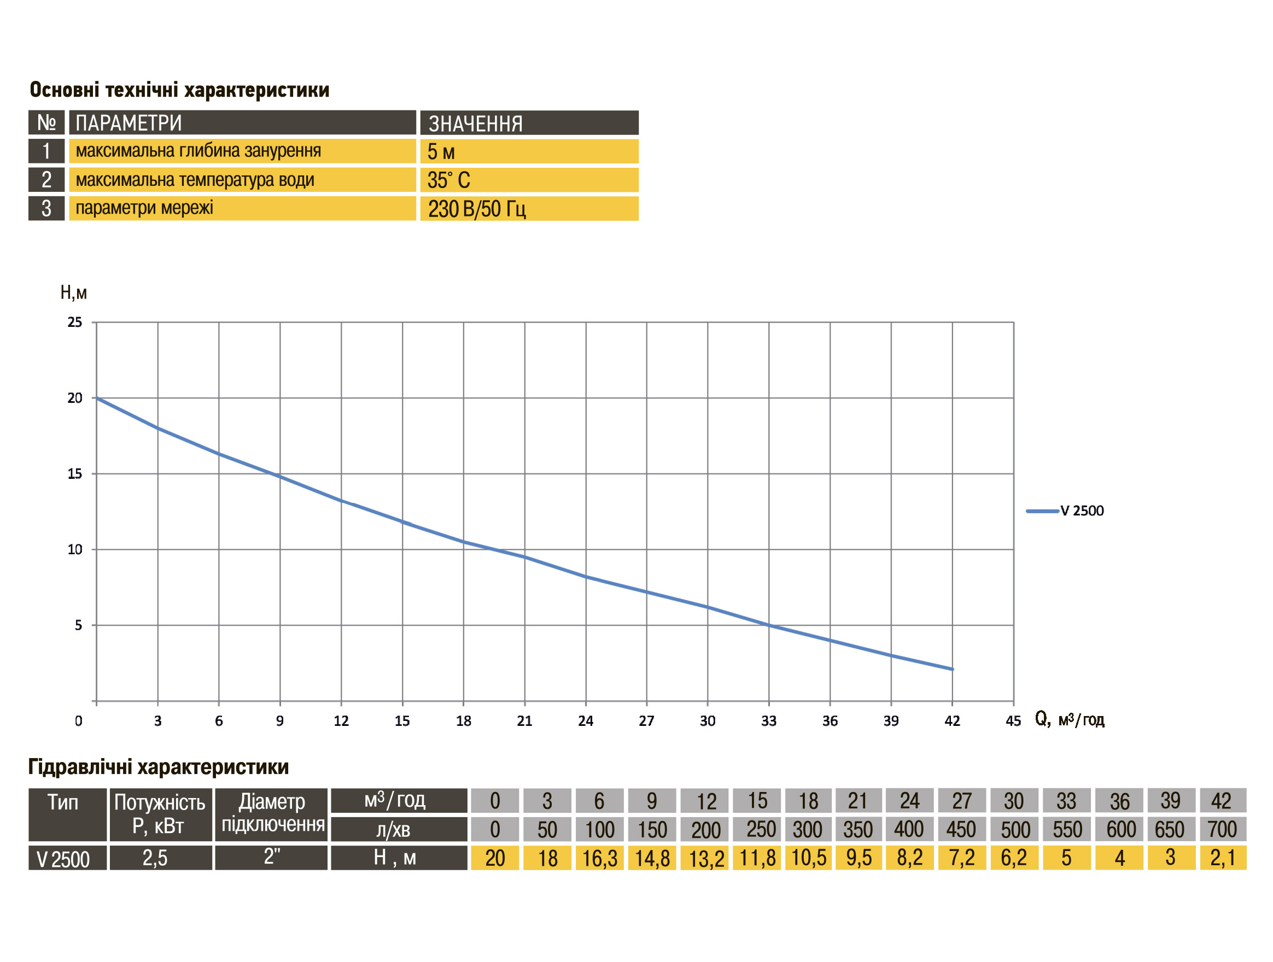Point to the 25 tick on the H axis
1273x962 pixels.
point(75,322)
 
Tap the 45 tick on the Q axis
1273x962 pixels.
point(1013,721)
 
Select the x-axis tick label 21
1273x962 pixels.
point(524,721)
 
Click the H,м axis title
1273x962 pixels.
point(74,293)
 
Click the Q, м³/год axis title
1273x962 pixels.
point(1069,719)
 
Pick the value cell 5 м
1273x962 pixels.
point(529,151)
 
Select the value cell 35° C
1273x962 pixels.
point(529,180)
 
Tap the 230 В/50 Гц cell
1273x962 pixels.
point(529,208)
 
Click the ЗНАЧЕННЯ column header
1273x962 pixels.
point(529,123)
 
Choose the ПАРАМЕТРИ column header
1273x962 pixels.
point(242,123)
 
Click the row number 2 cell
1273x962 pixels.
point(46,180)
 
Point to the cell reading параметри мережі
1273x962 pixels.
point(242,208)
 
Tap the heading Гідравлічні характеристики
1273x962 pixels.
point(158,767)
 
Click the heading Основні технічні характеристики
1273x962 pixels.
point(179,90)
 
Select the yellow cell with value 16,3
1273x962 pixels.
point(599,858)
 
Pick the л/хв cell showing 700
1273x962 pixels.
point(1222,829)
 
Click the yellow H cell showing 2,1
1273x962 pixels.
point(1222,858)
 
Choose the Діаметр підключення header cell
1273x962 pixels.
point(272,813)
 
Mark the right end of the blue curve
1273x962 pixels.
point(953,669)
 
